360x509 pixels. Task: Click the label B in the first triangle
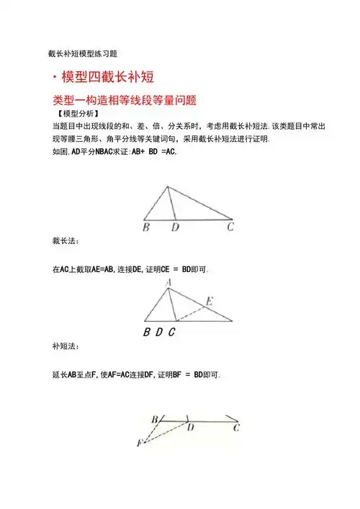coord(146,228)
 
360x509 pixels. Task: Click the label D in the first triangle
coord(175,228)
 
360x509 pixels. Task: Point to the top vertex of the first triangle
coord(168,186)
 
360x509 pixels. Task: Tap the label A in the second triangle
coord(168,283)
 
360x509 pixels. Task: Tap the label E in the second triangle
coord(209,301)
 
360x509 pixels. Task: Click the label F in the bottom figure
coord(140,442)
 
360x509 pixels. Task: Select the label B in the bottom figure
coord(155,419)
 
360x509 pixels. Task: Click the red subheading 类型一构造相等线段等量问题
coord(125,100)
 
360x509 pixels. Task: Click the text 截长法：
coord(66,241)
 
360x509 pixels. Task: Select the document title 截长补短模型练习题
coord(83,53)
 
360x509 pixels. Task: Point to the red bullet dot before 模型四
coord(55,78)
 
